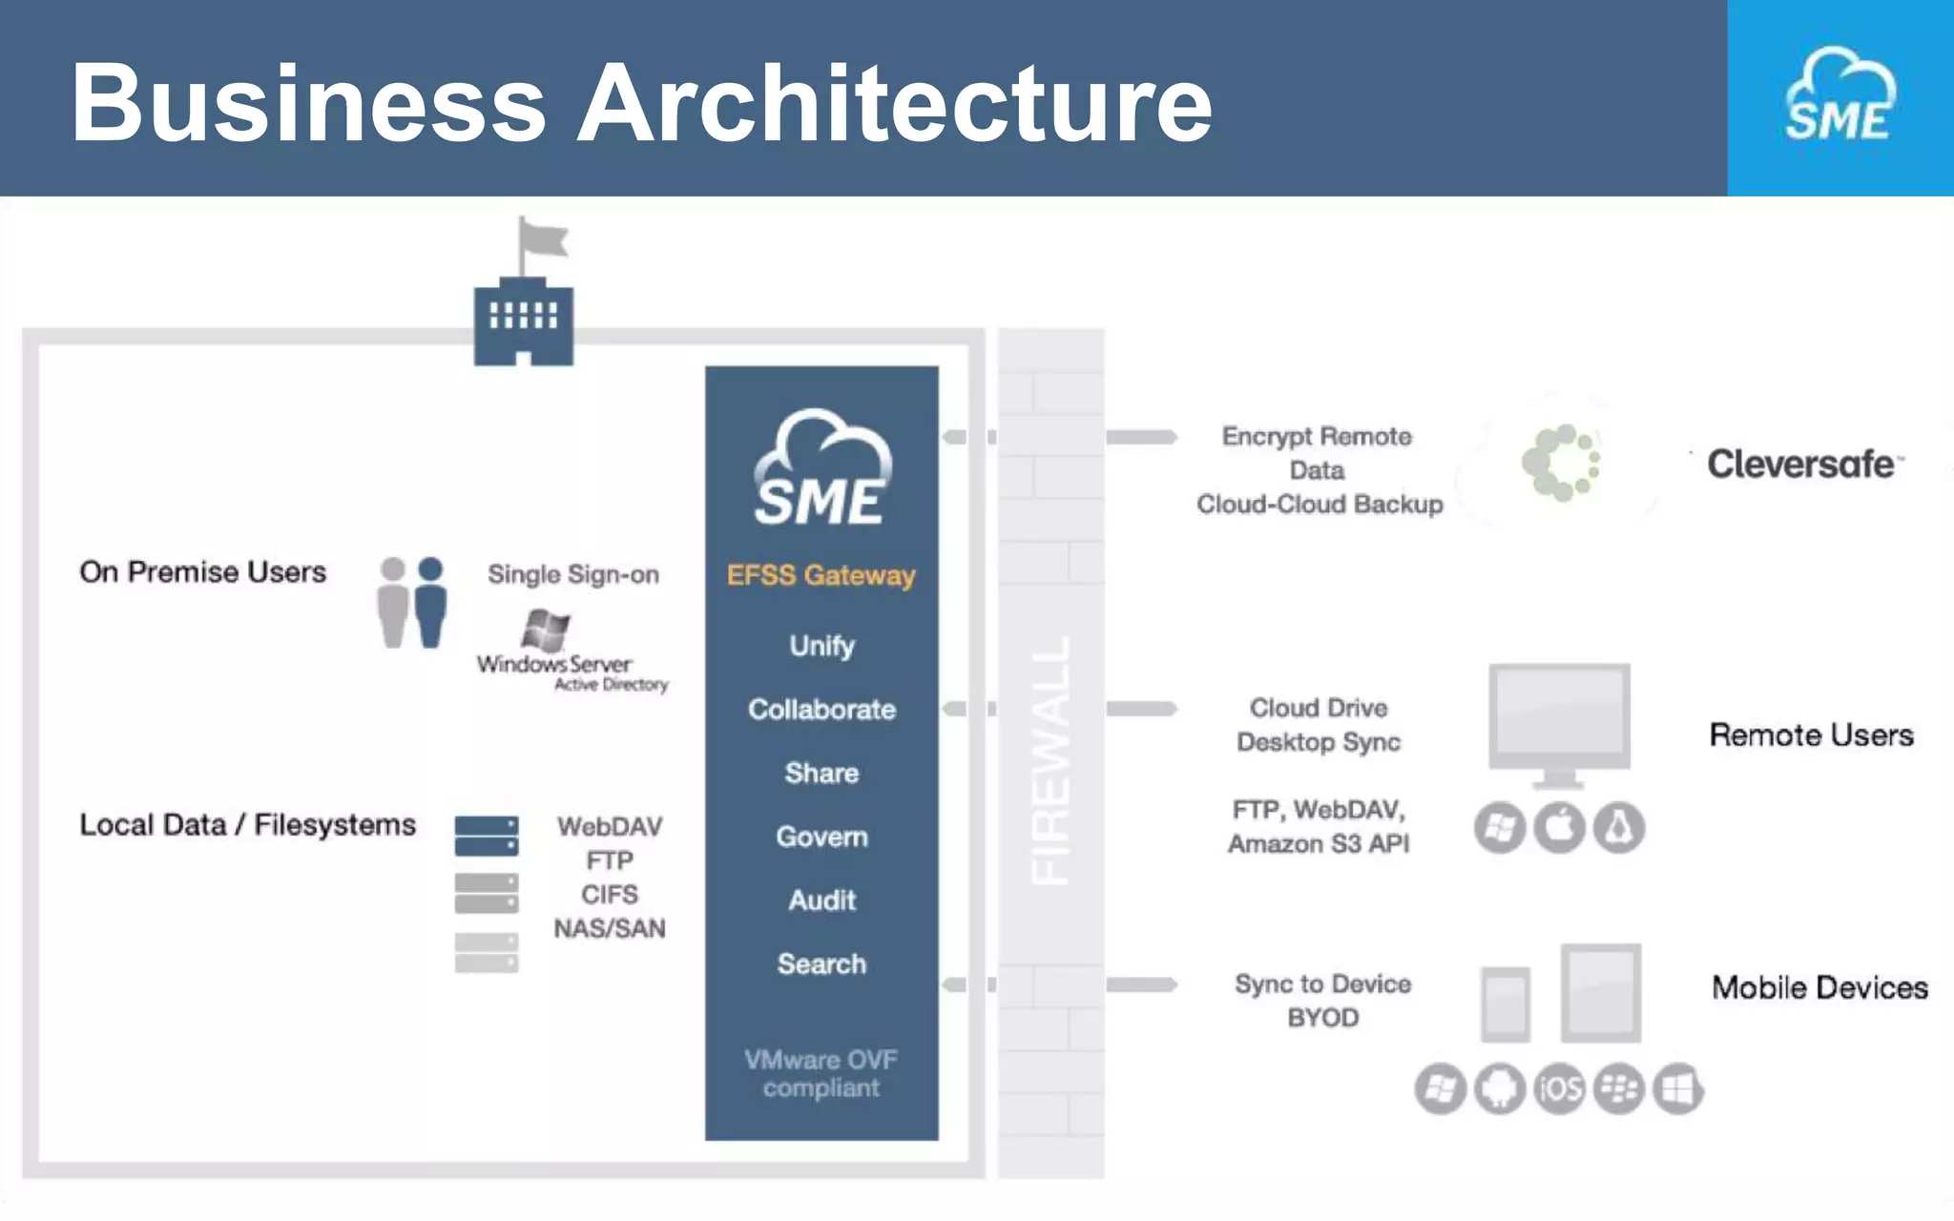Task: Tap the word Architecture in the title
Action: point(895,103)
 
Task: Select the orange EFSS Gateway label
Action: point(821,575)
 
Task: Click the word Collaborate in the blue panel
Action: point(821,709)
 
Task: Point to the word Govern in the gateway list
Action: point(821,837)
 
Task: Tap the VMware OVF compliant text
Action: point(821,1073)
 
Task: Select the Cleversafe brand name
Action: point(1800,465)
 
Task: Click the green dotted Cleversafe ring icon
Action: point(1561,464)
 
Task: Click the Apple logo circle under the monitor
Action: point(1559,827)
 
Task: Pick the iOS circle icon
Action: point(1560,1088)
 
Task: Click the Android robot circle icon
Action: point(1500,1088)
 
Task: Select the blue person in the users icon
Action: point(430,602)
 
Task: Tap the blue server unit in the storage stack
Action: point(487,836)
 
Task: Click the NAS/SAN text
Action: point(610,928)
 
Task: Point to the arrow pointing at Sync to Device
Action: point(1141,984)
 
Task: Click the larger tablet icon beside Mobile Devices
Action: point(1601,993)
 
